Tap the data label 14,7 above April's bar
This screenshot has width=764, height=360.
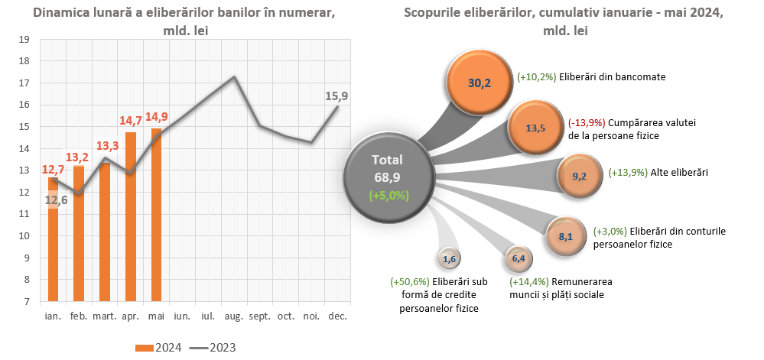point(130,121)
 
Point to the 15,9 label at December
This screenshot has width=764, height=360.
point(336,96)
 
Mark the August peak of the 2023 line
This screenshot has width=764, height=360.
point(234,77)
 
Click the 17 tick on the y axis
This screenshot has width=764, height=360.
point(24,83)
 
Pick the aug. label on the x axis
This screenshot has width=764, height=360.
point(234,316)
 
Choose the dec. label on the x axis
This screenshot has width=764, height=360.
point(337,316)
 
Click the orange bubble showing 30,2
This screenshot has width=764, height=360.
point(479,83)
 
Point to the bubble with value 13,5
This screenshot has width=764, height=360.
point(536,128)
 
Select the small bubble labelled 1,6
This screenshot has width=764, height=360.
point(449,259)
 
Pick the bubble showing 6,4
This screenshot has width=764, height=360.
point(518,259)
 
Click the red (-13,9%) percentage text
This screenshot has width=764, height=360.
point(587,122)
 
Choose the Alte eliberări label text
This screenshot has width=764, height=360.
point(678,173)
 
